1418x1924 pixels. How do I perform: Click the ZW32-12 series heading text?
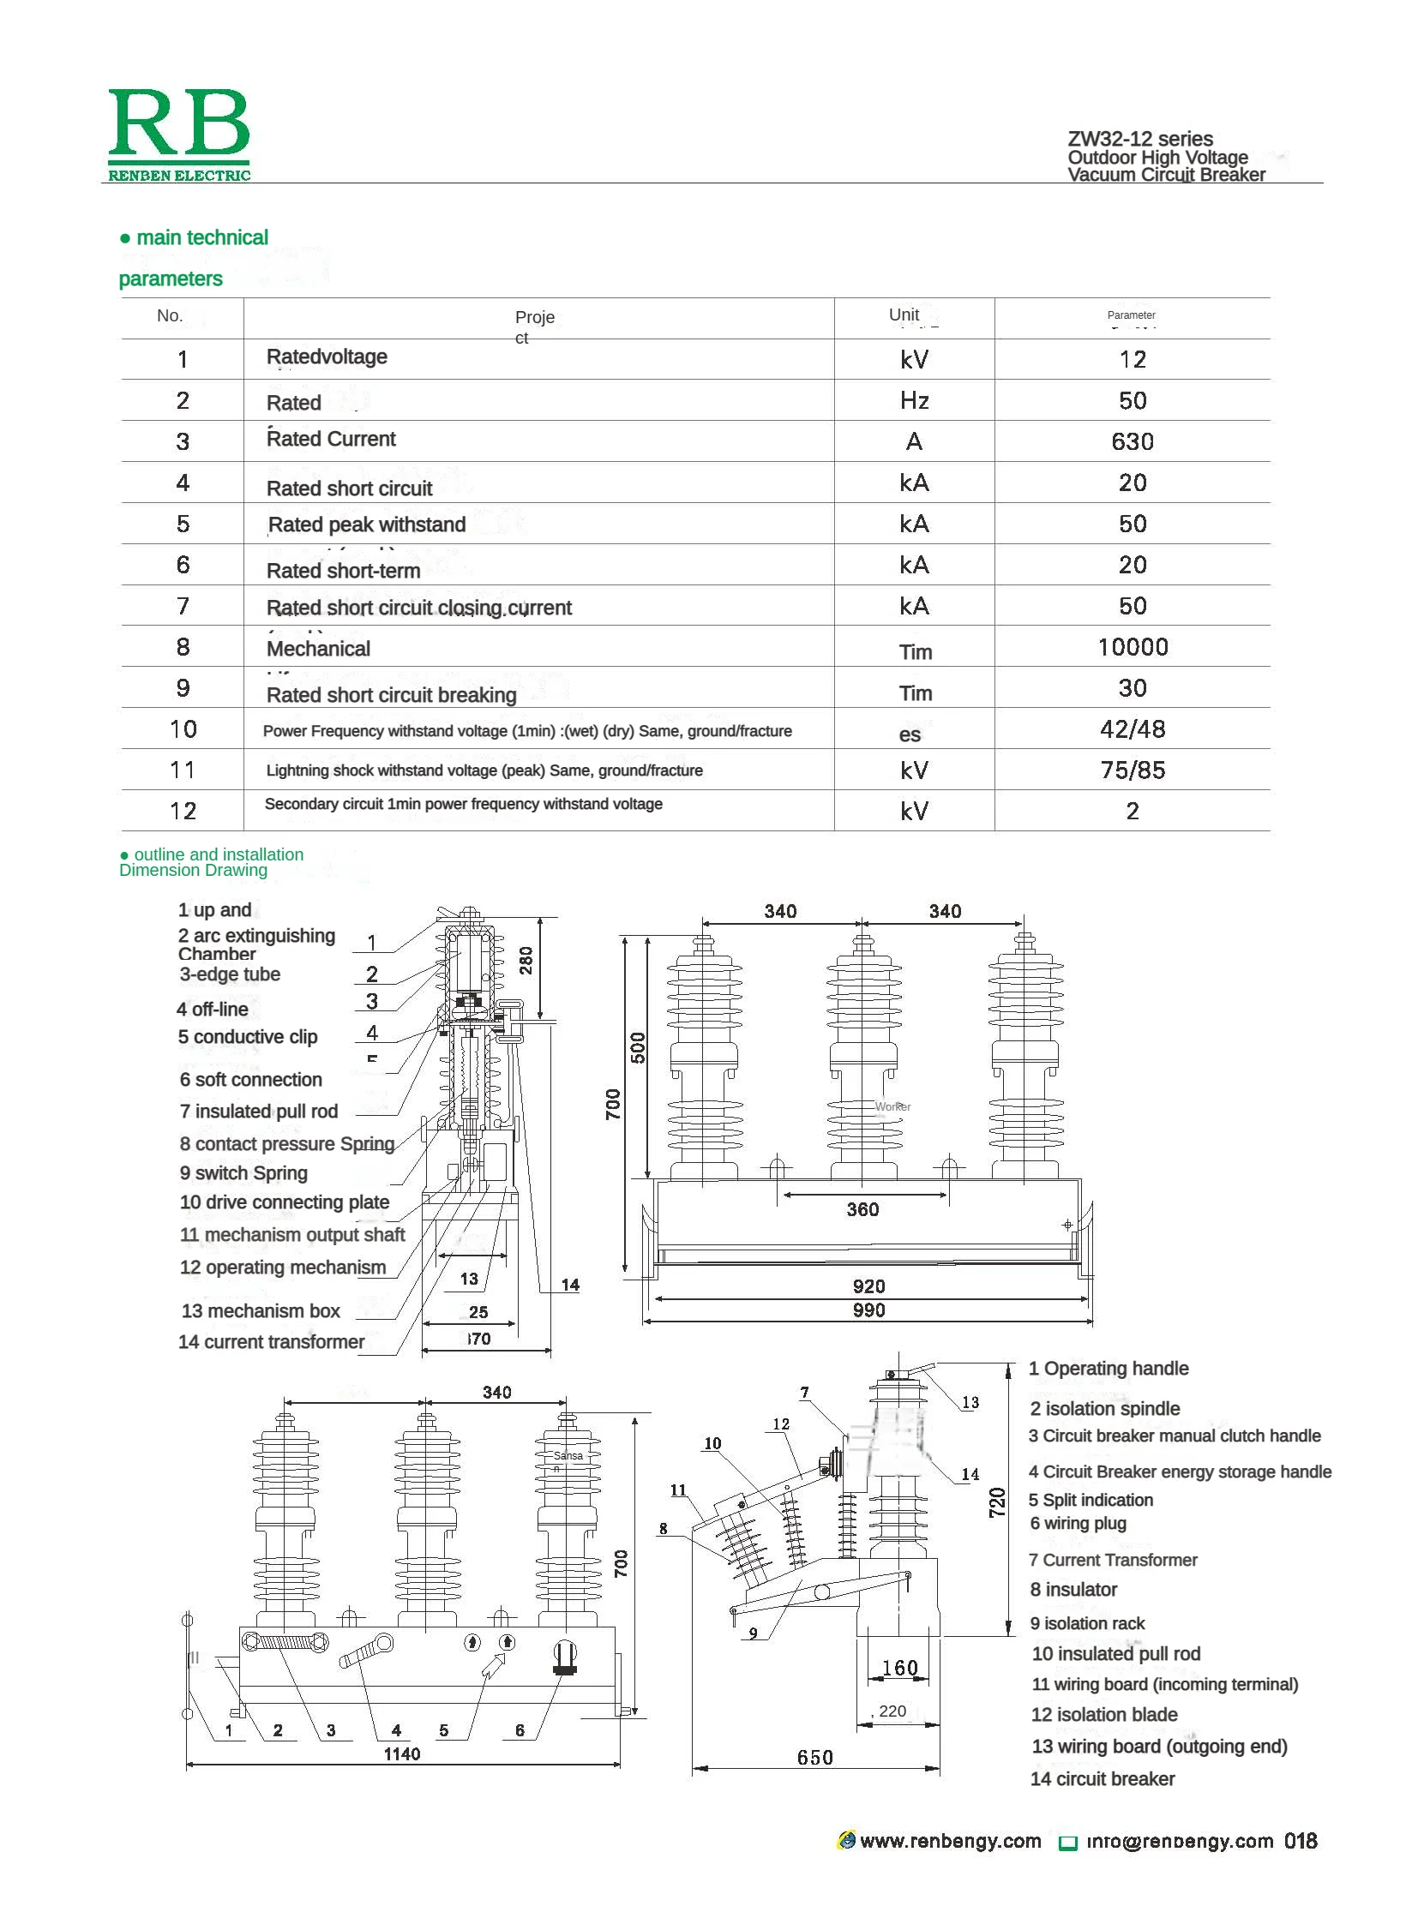pyautogui.click(x=1139, y=139)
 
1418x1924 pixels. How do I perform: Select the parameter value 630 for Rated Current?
pyautogui.click(x=1132, y=442)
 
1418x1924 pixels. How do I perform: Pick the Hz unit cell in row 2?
pyautogui.click(x=913, y=401)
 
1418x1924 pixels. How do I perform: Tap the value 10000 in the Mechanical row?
pyautogui.click(x=1133, y=647)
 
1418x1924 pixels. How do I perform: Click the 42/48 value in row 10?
pyautogui.click(x=1132, y=729)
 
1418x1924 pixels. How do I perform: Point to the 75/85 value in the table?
pyautogui.click(x=1132, y=770)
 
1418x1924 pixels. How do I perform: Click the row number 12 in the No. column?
pyautogui.click(x=183, y=812)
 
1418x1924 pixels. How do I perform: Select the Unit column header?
pyautogui.click(x=903, y=315)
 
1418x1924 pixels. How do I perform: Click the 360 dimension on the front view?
pyautogui.click(x=862, y=1209)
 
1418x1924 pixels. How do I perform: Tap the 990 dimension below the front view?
pyautogui.click(x=868, y=1310)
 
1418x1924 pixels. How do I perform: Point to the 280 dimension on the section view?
pyautogui.click(x=526, y=959)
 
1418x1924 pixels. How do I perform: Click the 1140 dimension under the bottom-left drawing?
pyautogui.click(x=402, y=1754)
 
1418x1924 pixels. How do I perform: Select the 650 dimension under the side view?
pyautogui.click(x=814, y=1758)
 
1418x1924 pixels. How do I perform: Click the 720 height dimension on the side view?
pyautogui.click(x=996, y=1501)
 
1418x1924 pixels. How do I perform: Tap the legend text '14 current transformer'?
pyautogui.click(x=271, y=1341)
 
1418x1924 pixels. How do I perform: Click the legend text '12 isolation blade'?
pyautogui.click(x=1103, y=1715)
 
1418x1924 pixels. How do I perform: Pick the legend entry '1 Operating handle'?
pyautogui.click(x=1109, y=1369)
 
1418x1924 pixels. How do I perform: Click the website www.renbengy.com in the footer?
pyautogui.click(x=949, y=1841)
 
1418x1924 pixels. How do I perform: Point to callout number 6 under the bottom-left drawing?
pyautogui.click(x=520, y=1731)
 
